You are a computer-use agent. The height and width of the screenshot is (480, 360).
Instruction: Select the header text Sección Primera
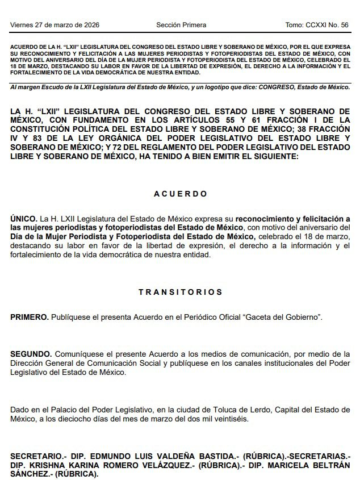pos(181,25)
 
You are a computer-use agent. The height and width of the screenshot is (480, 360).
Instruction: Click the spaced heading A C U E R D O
pos(181,194)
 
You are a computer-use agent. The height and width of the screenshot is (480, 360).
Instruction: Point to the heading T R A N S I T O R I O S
pos(181,292)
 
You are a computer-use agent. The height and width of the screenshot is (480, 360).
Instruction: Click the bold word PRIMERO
pos(29,316)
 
